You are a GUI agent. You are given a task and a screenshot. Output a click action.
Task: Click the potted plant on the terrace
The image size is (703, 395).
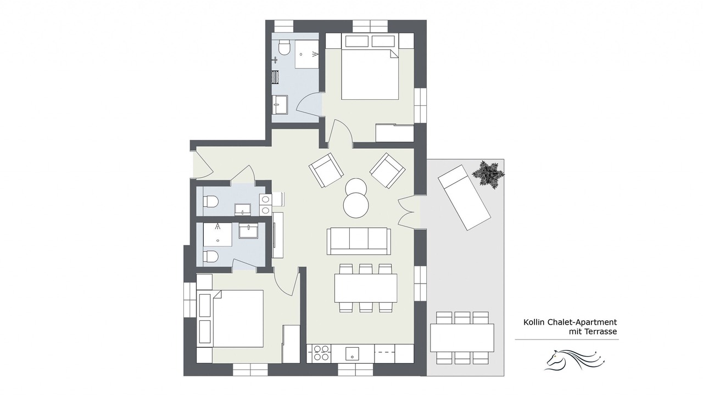pyautogui.click(x=489, y=175)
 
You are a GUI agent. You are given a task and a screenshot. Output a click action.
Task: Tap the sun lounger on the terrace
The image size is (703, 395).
pyautogui.click(x=464, y=198)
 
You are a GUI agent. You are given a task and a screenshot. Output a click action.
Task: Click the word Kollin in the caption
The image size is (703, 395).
pyautogui.click(x=534, y=322)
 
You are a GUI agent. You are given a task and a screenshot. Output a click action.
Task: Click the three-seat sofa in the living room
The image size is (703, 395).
pyautogui.click(x=359, y=241)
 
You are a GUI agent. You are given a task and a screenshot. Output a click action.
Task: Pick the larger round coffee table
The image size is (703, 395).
pyautogui.click(x=356, y=205)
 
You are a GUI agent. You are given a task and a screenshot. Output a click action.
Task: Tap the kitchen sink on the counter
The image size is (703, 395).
pyautogui.click(x=353, y=354)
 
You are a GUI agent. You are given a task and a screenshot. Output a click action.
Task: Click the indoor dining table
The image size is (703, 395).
pyautogui.click(x=366, y=288)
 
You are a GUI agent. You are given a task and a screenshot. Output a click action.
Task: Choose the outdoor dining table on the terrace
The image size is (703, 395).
pyautogui.click(x=462, y=338)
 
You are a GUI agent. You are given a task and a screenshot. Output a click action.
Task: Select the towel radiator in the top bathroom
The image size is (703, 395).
pyautogui.click(x=275, y=77)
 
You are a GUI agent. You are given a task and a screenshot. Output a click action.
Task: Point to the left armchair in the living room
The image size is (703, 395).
pyautogui.click(x=326, y=170)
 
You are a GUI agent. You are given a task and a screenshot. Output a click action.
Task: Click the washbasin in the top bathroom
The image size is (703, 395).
pyautogui.click(x=280, y=104)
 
